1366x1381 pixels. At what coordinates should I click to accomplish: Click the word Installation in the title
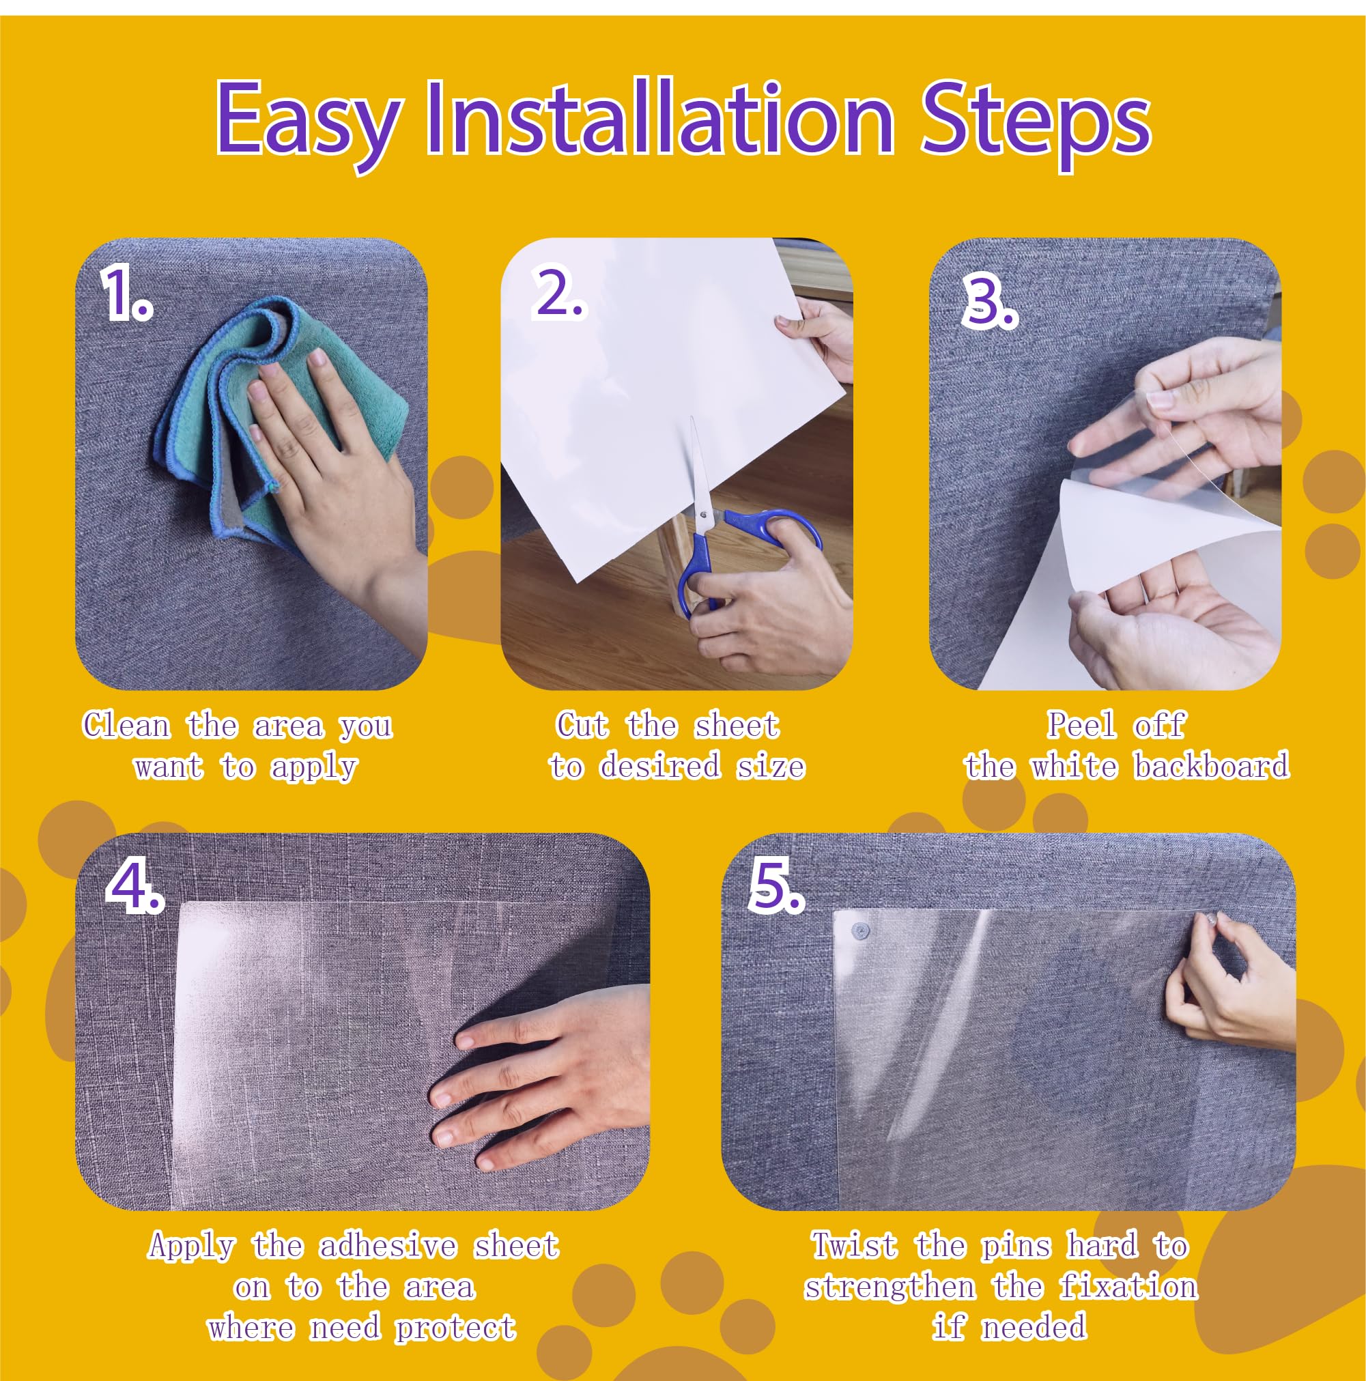click(659, 118)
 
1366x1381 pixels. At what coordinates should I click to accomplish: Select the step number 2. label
click(558, 294)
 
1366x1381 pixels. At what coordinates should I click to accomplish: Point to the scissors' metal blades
click(696, 465)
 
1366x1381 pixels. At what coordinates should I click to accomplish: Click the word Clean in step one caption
click(127, 726)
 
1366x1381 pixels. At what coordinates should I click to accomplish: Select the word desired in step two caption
click(659, 767)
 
